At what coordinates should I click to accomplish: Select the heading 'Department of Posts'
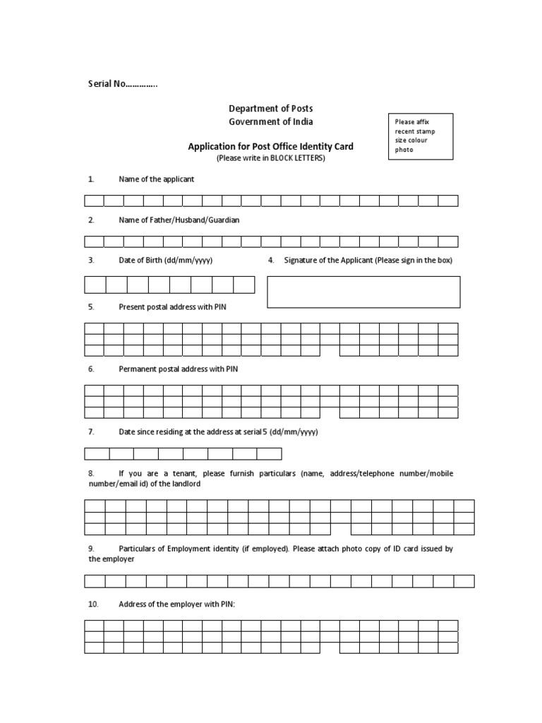pos(270,108)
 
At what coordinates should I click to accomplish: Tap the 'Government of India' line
pos(270,121)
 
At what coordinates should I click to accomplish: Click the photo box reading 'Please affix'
pos(421,136)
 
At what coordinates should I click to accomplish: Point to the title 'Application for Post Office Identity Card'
pos(270,147)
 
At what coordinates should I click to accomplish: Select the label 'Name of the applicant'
pos(156,179)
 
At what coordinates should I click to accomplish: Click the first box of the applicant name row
pos(95,201)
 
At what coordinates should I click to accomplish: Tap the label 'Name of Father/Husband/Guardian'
pos(179,220)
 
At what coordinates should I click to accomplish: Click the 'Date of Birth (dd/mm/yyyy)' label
pos(165,261)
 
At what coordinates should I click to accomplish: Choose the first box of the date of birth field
pos(95,285)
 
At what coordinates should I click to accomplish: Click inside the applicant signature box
pos(363,292)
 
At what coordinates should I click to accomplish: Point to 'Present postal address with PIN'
pos(172,307)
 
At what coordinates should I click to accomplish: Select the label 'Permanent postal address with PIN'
pos(179,369)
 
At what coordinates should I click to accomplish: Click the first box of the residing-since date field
pos(97,453)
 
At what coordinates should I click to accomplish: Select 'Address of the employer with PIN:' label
pos(176,604)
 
